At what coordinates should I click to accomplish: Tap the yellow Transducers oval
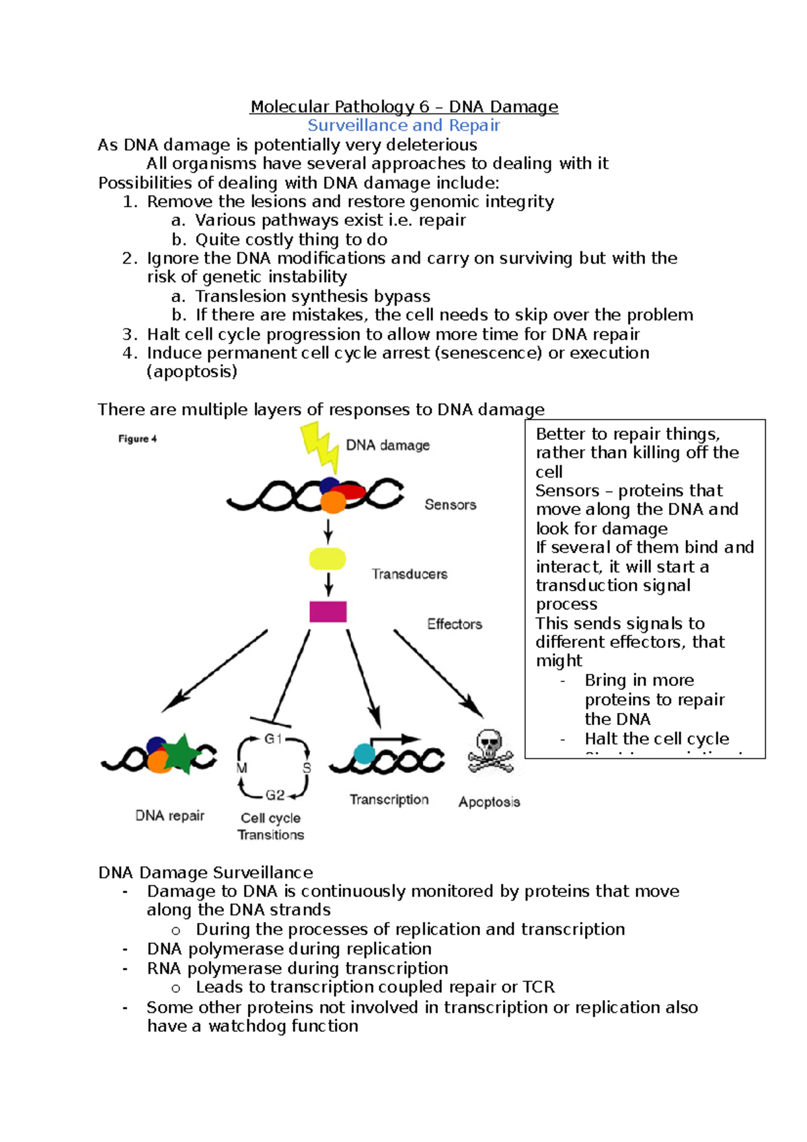328,559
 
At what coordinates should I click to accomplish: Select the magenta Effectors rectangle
328,611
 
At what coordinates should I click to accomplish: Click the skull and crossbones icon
490,751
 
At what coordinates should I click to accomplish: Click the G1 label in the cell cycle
273,739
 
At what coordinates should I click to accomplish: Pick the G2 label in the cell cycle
275,795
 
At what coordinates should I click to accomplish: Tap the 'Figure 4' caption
137,439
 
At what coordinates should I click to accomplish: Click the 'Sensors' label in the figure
450,504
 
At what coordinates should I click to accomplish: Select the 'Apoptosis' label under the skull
489,802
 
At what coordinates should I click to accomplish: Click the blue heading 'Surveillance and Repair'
403,125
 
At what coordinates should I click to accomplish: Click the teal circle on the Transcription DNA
364,753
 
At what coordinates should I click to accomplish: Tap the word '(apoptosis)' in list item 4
192,372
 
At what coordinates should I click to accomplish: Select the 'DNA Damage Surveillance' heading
206,872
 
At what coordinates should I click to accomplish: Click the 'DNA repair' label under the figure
169,816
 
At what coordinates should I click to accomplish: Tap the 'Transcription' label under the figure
389,800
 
